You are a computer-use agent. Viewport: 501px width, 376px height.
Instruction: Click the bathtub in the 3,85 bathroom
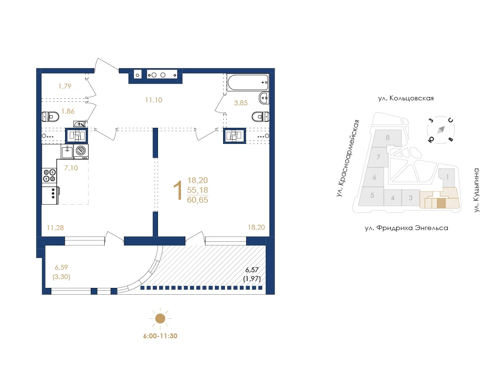tap(248, 83)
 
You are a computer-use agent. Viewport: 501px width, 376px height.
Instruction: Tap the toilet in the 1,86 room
tap(50, 117)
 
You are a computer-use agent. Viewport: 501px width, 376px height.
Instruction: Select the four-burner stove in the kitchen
tap(49, 176)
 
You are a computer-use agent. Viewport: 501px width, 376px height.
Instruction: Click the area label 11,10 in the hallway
tap(154, 100)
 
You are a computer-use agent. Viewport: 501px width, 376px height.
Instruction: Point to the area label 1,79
tap(65, 86)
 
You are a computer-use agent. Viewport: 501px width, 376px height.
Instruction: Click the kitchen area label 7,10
tap(71, 168)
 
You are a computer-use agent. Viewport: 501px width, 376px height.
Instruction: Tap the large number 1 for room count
tap(178, 190)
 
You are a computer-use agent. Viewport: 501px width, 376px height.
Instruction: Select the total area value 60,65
tap(198, 200)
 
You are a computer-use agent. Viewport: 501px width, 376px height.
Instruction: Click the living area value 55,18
tap(198, 190)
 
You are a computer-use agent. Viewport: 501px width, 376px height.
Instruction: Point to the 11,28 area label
tap(55, 228)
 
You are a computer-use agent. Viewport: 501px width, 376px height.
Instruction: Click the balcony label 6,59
tap(61, 267)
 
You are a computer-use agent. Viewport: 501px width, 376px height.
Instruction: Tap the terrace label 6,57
tap(252, 270)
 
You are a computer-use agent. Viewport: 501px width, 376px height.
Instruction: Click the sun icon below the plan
tap(160, 318)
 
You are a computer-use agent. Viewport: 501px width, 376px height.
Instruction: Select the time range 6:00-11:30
tap(160, 336)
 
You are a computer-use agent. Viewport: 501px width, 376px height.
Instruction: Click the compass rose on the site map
tap(441, 130)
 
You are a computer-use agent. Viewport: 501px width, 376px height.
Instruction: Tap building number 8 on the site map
tap(387, 138)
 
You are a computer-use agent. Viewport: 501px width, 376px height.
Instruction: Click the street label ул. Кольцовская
tap(406, 98)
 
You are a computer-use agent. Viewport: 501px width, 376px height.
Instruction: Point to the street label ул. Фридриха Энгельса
tap(407, 228)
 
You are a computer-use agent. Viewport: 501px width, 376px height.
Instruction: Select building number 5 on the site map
tap(372, 195)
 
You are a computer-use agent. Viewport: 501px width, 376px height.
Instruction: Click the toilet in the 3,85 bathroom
tap(261, 117)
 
